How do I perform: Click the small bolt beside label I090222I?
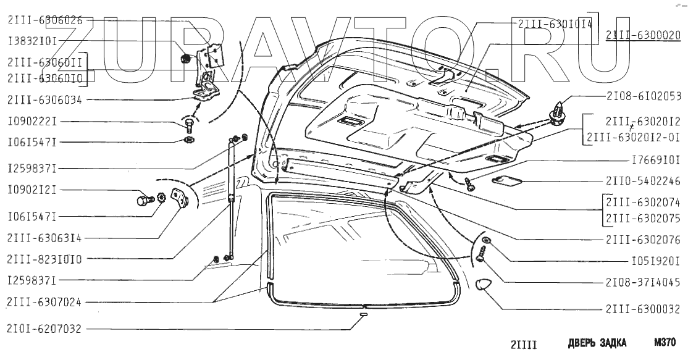(x=189, y=127)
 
